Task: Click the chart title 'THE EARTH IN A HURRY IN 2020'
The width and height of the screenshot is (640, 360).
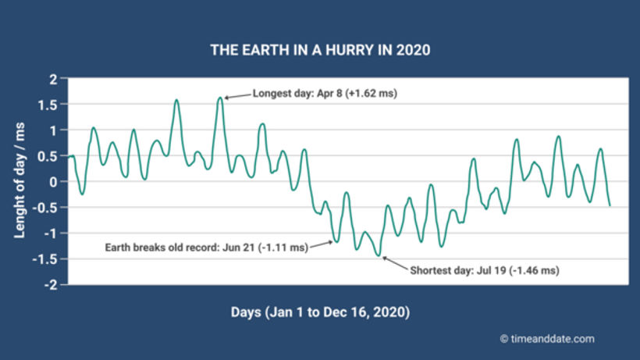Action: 320,50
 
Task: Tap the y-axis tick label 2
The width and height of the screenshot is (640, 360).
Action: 53,79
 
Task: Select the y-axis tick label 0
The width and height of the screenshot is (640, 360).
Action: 53,182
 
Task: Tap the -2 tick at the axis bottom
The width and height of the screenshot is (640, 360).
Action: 51,285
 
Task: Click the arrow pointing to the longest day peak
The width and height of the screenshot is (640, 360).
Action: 237,95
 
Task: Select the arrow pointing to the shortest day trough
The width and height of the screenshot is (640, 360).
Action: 394,262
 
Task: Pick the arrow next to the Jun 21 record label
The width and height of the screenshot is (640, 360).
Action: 322,245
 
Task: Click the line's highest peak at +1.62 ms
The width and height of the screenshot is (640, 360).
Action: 220,98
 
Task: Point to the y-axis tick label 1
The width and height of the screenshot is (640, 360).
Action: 53,130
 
